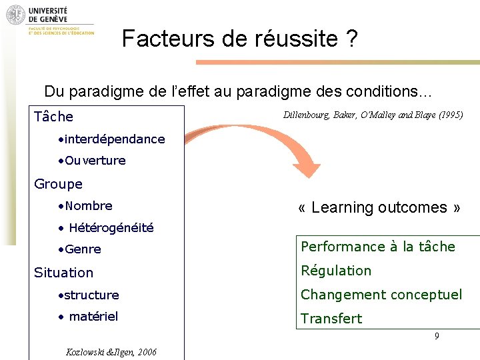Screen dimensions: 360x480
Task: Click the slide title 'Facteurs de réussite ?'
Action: pyautogui.click(x=240, y=39)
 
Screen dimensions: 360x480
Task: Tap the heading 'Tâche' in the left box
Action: pyautogui.click(x=53, y=117)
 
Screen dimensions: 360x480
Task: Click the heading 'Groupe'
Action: pyautogui.click(x=58, y=184)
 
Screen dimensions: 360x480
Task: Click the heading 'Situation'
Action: pyautogui.click(x=63, y=273)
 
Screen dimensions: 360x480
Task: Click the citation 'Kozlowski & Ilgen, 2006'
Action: pyautogui.click(x=111, y=352)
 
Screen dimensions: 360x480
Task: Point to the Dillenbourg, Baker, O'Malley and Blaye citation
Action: pyautogui.click(x=373, y=115)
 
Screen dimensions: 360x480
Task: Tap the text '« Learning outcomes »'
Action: pyautogui.click(x=379, y=207)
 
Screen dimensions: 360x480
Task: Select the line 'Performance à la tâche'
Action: pyautogui.click(x=378, y=247)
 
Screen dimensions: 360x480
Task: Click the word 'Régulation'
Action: pyautogui.click(x=336, y=271)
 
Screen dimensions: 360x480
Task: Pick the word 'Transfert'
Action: pyautogui.click(x=331, y=319)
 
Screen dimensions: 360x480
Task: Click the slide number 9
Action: pyautogui.click(x=437, y=337)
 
